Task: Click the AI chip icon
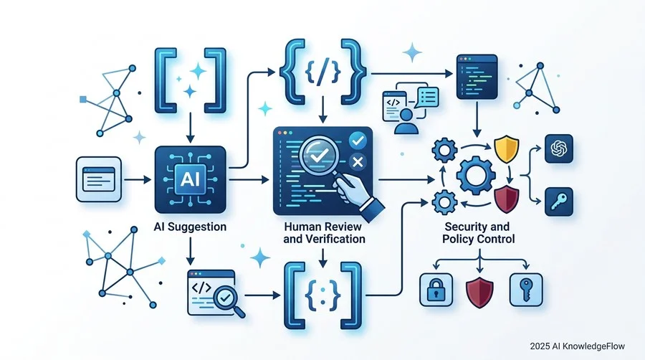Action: coord(190,180)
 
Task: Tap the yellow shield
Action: coord(506,150)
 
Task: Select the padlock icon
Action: coord(436,290)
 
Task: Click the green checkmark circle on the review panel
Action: coord(358,141)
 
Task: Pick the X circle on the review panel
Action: coord(358,161)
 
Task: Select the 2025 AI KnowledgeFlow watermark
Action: coord(577,346)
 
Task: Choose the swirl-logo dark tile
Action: coord(558,148)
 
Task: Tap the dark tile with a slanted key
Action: coord(558,202)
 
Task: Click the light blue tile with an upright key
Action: coord(526,290)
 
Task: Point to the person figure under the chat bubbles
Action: coord(406,121)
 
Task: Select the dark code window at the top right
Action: coord(477,77)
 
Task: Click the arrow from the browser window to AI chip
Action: coord(138,180)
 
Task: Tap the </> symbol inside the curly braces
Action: coord(323,72)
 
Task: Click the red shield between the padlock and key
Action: coord(479,292)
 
